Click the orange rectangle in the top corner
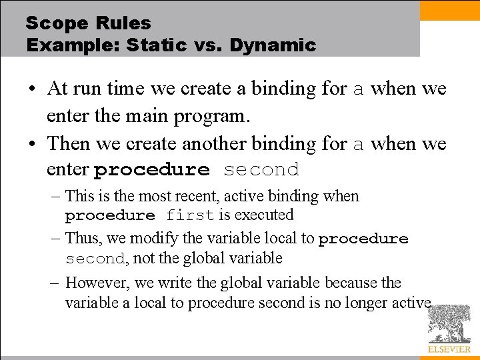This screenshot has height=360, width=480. pos(449,10)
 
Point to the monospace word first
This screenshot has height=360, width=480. pos(190,215)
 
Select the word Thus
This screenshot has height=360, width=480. pos(82,238)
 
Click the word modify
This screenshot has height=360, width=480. pos(154,239)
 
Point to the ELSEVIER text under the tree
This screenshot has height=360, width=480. pos(449,349)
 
